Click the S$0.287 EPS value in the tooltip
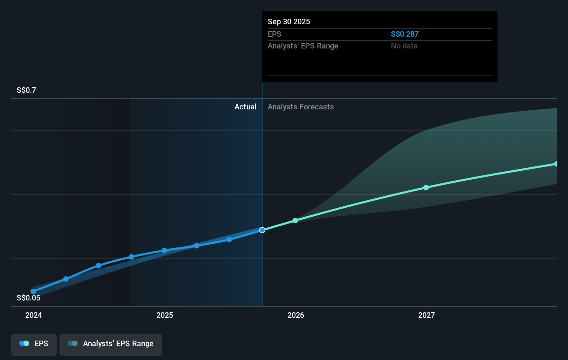[404, 34]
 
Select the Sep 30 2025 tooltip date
[289, 21]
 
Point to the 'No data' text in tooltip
[404, 46]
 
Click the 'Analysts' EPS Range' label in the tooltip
[303, 46]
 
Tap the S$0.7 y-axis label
[26, 90]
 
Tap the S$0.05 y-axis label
[28, 298]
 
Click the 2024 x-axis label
[34, 315]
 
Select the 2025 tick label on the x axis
[165, 315]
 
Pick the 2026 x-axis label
[296, 315]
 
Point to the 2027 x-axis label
[427, 315]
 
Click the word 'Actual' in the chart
[245, 107]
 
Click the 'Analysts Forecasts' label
[301, 107]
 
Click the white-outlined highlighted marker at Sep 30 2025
[262, 230]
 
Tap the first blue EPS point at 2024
[33, 291]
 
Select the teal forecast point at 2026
[295, 220]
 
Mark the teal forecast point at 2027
[426, 188]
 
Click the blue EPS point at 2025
[164, 250]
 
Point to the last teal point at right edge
[556, 164]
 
